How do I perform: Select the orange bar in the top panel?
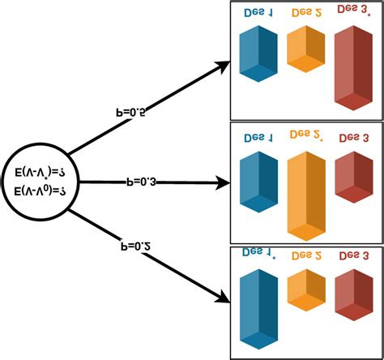coord(305,49)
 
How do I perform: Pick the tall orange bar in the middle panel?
coord(305,195)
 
